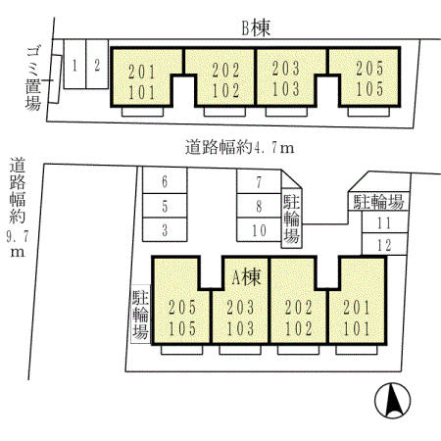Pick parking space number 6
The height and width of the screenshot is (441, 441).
pos(165,181)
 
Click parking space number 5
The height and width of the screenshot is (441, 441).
pos(165,206)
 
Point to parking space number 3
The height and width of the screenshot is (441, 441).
pos(165,230)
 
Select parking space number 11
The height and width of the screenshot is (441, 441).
pos(383,223)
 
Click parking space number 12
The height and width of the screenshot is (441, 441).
pos(383,244)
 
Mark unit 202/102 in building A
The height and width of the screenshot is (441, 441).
pos(298,316)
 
